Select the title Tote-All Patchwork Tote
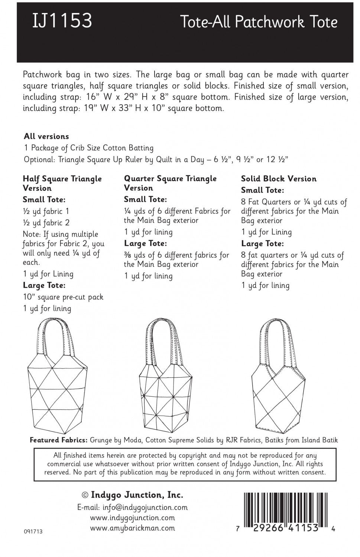pos(259,22)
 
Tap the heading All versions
pos(46,136)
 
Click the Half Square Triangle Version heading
pos(62,183)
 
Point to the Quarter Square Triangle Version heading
pos(170,183)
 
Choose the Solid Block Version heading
pos(279,179)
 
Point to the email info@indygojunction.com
pos(132,507)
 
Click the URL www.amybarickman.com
pos(132,528)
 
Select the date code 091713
pos(33,531)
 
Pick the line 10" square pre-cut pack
pos(63,297)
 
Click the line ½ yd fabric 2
pos(46,223)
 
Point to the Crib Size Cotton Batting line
pos(89,148)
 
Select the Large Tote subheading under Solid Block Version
pos(262,244)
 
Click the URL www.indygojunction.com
pos(132,518)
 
